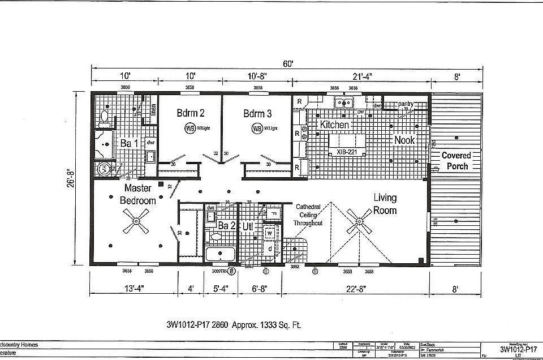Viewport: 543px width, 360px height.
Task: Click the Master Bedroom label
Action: click(x=137, y=194)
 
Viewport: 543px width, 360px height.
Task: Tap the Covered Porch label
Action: click(x=456, y=161)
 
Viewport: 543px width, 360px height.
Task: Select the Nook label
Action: click(x=404, y=140)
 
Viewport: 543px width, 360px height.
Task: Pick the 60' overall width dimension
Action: click(x=288, y=64)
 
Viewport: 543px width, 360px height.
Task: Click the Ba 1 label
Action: click(x=128, y=144)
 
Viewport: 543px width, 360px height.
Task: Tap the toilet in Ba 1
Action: click(x=104, y=117)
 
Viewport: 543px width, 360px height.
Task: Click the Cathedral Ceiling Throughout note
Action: click(x=308, y=215)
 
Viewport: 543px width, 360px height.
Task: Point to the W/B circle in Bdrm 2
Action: click(x=189, y=128)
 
